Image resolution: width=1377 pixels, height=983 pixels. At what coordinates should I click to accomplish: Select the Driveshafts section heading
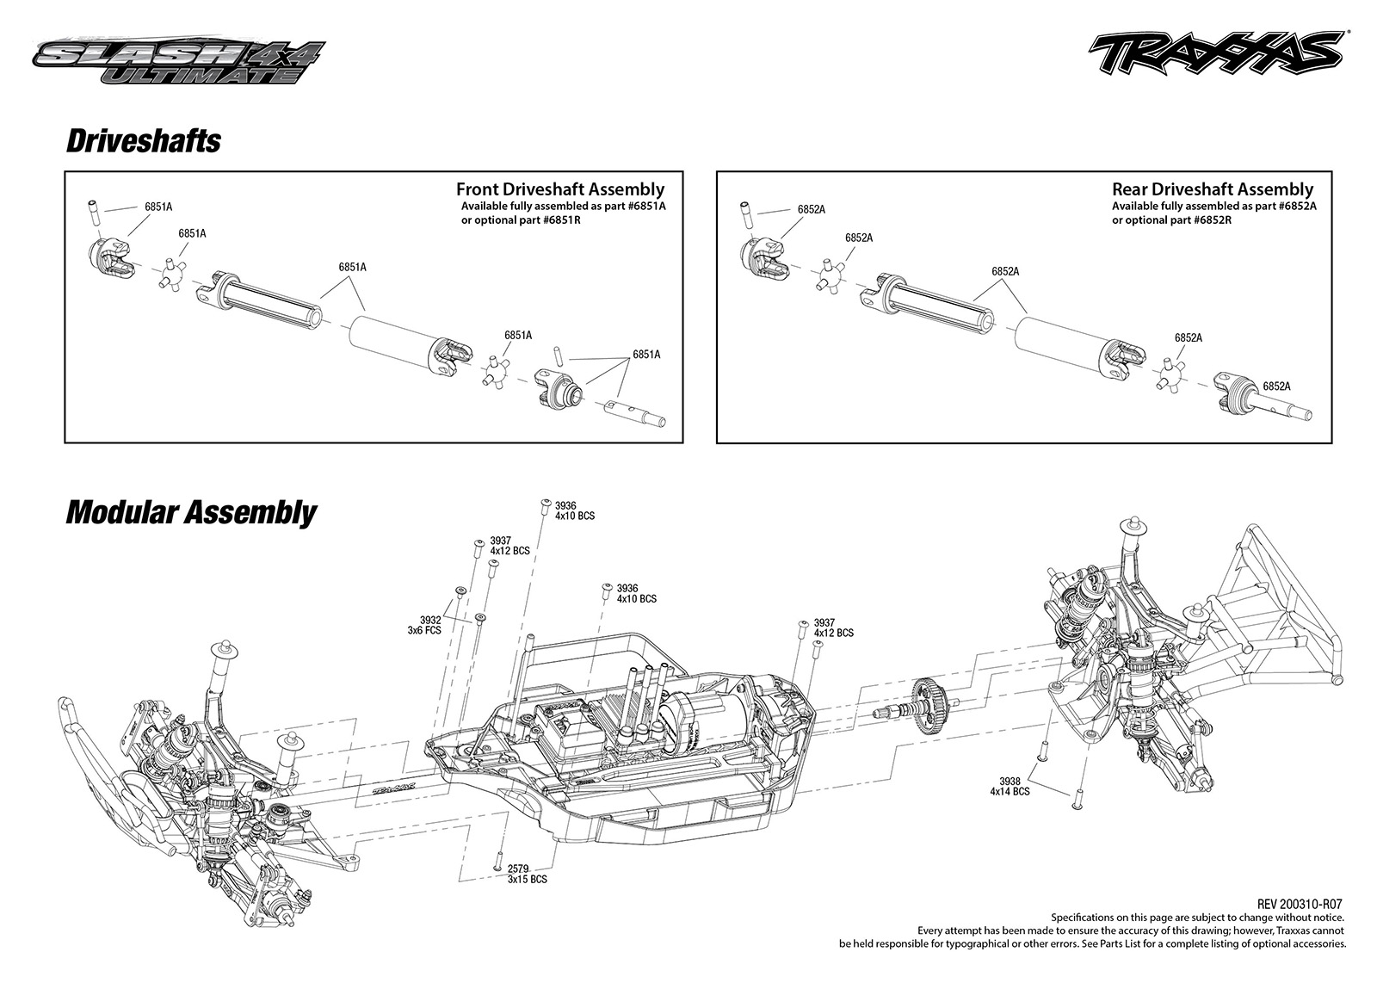pos(143,141)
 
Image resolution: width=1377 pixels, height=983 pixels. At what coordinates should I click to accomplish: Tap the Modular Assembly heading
pos(191,513)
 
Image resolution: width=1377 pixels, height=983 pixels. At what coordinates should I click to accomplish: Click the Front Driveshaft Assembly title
pos(560,189)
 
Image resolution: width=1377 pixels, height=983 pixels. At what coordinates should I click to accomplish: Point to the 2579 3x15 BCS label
pos(527,874)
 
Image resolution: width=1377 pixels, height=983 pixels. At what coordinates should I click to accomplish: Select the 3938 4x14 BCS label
pos(1010,786)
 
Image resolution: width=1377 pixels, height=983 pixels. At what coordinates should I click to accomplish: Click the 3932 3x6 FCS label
pos(425,625)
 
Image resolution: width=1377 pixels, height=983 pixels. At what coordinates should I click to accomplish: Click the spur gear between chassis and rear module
pos(929,707)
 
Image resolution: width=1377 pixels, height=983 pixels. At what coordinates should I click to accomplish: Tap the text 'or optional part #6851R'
pos(521,220)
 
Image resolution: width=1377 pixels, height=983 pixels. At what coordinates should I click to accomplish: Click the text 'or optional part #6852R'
pos(1171,220)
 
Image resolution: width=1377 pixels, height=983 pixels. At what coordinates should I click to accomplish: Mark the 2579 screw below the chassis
pos(498,862)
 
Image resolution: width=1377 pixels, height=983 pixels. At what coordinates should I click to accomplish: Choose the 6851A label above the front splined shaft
pos(352,267)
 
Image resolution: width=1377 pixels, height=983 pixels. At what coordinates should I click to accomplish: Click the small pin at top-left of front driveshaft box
pos(94,212)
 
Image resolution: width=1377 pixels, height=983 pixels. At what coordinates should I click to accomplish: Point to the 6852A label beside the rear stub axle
pos(1277,386)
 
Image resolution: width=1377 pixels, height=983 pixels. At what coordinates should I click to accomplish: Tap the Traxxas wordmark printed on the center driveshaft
pos(395,786)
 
